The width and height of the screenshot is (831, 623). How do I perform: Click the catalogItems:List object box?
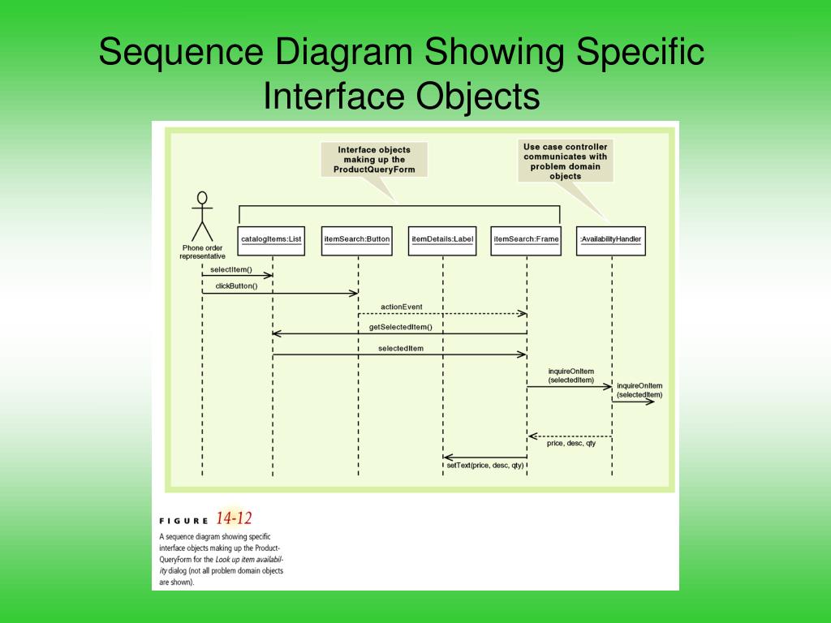272,240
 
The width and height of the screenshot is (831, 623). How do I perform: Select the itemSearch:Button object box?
357,240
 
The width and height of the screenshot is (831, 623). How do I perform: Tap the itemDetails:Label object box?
442,240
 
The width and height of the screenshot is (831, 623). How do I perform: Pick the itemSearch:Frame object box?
526,240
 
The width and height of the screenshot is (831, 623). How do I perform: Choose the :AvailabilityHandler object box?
611,240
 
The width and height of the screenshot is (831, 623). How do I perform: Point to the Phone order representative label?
201,251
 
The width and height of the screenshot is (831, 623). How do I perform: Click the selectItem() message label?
231,269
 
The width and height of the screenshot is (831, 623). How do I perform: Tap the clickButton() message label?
236,286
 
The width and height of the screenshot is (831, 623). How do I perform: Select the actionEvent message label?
402,307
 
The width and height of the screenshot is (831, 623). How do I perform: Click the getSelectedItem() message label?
401,327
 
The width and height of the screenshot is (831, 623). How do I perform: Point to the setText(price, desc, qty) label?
485,465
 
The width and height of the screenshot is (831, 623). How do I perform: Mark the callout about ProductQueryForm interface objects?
374,159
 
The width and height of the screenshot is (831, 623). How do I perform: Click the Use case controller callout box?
565,161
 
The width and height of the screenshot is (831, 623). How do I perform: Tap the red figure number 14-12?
234,518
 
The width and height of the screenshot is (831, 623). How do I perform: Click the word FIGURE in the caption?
183,521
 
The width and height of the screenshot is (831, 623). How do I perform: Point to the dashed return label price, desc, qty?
571,443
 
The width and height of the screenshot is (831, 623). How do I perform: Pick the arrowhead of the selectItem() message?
269,276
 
